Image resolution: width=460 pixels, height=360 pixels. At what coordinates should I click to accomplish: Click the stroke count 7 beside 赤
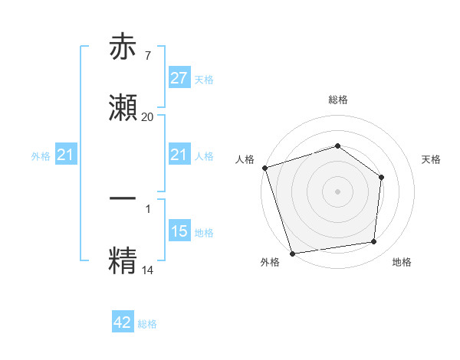click(147, 55)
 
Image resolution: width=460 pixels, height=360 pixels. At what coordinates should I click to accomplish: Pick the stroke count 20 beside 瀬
click(147, 116)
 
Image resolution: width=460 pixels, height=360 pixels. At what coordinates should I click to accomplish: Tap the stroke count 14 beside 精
click(147, 269)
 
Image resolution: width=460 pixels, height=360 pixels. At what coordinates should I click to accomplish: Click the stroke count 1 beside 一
click(147, 208)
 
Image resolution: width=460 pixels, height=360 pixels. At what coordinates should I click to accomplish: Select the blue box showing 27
click(179, 78)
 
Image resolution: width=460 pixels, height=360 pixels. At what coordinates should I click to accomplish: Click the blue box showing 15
click(179, 231)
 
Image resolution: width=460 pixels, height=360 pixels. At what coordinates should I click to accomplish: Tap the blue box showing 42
click(123, 322)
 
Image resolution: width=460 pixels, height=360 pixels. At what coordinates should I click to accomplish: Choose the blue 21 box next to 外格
click(66, 155)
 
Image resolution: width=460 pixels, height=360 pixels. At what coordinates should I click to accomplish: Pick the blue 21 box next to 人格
click(179, 155)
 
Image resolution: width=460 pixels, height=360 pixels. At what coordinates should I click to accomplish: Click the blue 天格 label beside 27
click(204, 79)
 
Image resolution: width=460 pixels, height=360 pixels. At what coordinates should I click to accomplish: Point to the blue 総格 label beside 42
click(147, 323)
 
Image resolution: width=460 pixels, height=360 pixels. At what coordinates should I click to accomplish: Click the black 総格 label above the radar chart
click(337, 100)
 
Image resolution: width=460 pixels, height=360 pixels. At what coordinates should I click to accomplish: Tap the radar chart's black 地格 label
click(402, 262)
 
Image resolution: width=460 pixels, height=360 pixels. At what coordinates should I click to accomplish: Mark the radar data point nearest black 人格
click(264, 167)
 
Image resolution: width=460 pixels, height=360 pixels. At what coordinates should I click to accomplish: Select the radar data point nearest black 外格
click(292, 252)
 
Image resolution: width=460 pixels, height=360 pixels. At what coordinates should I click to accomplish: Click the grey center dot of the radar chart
click(337, 190)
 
